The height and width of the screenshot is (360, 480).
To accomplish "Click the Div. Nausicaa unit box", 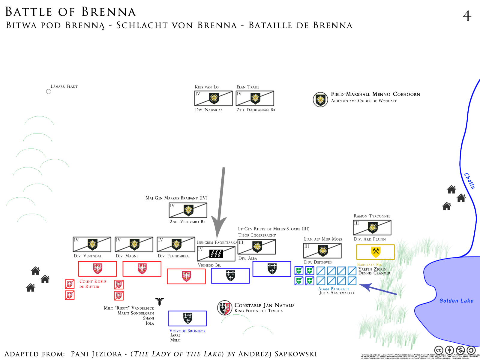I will [x=213, y=98].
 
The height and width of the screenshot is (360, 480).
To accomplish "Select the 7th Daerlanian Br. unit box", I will [x=255, y=98].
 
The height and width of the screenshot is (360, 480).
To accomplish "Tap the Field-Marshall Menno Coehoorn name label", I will [x=375, y=94].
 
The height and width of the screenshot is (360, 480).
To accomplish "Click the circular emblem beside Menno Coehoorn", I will [x=320, y=100].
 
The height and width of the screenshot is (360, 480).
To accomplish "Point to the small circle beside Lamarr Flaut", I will [x=49, y=91].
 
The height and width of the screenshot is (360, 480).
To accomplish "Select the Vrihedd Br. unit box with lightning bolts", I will [x=216, y=254].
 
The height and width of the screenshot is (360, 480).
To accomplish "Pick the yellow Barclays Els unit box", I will [x=375, y=252].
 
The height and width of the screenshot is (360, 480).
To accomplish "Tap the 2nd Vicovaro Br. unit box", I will [x=188, y=210].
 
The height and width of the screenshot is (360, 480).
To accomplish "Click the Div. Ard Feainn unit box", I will [x=372, y=228].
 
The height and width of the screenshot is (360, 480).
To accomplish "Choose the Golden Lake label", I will [x=456, y=301].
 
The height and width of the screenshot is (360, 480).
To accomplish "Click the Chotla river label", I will [x=469, y=181].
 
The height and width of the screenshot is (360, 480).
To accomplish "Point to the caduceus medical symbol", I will [x=160, y=301].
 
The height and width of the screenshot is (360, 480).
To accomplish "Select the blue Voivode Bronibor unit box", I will [x=187, y=318].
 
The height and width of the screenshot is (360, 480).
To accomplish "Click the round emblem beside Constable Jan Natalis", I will [x=225, y=308].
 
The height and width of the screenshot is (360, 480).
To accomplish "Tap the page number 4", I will [x=467, y=16].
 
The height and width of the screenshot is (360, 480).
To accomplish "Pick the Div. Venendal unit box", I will [x=92, y=244].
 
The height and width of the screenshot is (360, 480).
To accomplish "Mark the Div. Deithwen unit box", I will [x=322, y=250].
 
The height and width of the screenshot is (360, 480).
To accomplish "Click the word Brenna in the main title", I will [x=109, y=12].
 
